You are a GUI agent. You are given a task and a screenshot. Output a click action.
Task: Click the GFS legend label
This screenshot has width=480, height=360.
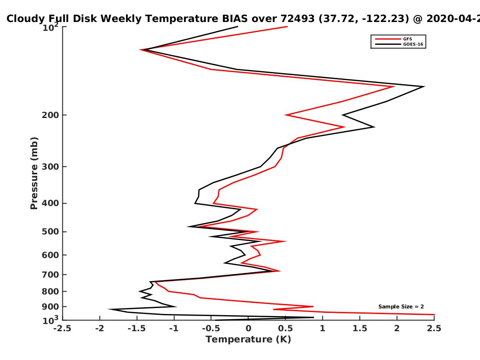[x=407, y=39]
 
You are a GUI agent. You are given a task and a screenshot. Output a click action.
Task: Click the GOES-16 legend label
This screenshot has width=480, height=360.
[x=413, y=44]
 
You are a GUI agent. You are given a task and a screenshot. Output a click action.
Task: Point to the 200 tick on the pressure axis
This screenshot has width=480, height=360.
[x=65, y=115]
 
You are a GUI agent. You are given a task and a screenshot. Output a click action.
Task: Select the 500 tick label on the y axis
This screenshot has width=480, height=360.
[x=50, y=232]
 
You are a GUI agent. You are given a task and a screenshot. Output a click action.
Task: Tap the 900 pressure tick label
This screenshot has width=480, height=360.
[x=50, y=307]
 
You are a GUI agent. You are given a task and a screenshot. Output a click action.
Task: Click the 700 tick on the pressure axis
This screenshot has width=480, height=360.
[x=65, y=274]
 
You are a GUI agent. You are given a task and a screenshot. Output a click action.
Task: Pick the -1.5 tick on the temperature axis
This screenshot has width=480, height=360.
[x=137, y=318]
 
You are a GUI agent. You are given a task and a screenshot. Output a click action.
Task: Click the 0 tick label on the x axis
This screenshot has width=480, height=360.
[x=248, y=328]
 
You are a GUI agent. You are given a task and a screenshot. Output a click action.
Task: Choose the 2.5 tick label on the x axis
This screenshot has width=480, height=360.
[x=434, y=328]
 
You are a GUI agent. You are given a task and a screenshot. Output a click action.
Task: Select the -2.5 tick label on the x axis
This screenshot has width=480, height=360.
[x=62, y=328]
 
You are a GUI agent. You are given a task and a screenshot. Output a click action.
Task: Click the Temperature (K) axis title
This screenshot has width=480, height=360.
[x=248, y=340]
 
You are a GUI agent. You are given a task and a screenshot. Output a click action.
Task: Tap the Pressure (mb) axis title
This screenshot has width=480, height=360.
[x=34, y=173]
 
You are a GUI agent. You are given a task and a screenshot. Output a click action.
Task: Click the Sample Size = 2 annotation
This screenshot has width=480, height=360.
[x=401, y=307]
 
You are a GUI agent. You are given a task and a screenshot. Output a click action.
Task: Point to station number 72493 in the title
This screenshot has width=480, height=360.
[x=298, y=19]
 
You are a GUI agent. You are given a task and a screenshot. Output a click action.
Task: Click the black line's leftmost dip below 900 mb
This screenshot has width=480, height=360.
[x=109, y=309]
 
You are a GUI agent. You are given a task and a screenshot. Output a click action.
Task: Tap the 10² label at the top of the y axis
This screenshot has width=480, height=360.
[x=50, y=27]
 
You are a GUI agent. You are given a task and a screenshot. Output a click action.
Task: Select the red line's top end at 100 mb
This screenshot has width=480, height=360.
[x=287, y=27]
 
